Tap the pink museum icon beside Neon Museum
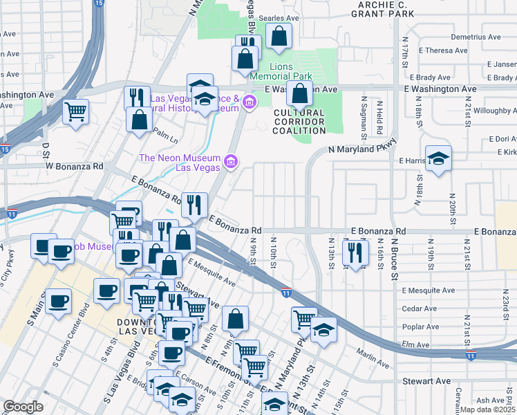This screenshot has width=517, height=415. click(x=231, y=163)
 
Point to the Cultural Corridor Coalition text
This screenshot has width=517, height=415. click(x=299, y=122)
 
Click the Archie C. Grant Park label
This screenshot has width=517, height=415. click(x=385, y=8)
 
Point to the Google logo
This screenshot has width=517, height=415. click(x=23, y=407)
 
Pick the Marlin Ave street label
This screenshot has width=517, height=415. click(x=373, y=360)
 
